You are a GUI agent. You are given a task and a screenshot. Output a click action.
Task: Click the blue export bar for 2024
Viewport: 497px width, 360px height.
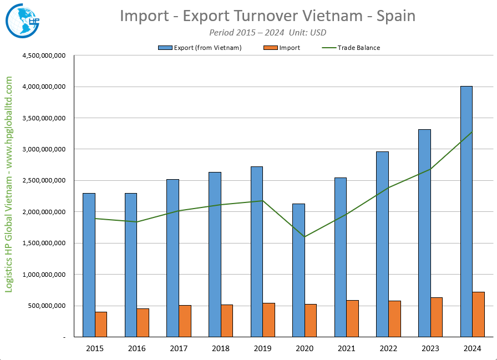[466, 211]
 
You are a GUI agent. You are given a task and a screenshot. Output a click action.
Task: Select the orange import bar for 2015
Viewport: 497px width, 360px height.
[101, 324]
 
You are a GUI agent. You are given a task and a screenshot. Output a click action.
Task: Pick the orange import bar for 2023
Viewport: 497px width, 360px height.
[437, 317]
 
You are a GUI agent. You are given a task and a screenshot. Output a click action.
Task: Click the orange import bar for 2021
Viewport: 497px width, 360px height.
[353, 318]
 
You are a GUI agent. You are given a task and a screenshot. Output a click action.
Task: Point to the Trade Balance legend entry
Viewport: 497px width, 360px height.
[358, 48]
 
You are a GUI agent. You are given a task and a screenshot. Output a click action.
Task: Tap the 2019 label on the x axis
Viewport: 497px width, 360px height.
[262, 348]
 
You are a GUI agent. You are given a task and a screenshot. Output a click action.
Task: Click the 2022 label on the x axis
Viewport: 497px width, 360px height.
[388, 348]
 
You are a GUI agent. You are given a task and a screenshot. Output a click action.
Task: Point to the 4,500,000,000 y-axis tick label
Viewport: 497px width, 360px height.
[43, 55]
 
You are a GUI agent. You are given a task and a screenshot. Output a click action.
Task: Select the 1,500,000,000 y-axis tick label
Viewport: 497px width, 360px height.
[43, 243]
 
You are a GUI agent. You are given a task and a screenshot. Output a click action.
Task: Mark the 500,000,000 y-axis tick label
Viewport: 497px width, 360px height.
[47, 306]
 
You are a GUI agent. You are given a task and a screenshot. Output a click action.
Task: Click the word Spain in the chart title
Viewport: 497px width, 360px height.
[396, 16]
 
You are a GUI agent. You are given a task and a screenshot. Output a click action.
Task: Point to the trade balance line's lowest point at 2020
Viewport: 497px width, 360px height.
[305, 237]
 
